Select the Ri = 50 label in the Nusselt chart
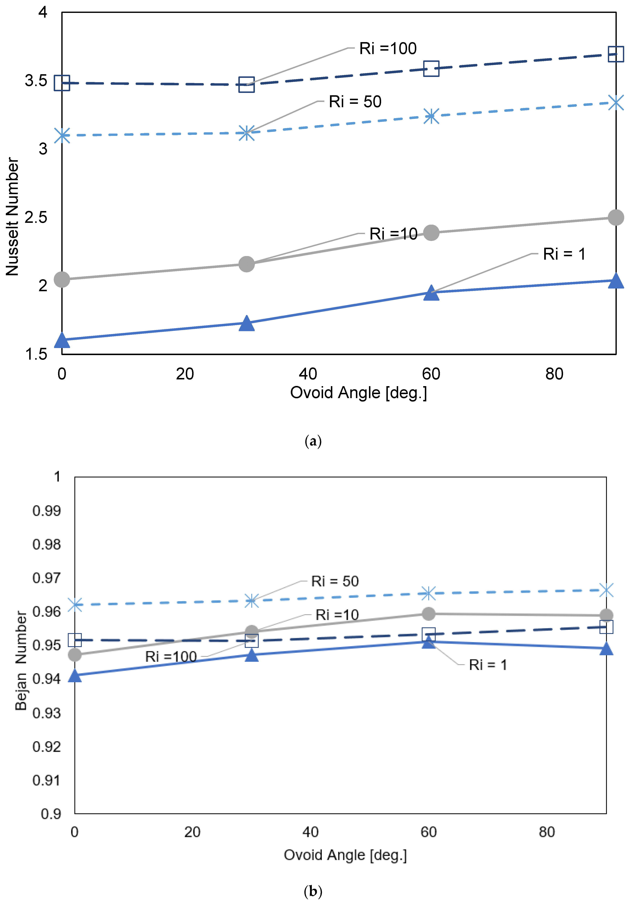point(355,102)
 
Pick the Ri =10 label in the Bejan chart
point(337,615)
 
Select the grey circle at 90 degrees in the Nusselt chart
point(615,217)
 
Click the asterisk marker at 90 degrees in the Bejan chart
point(606,590)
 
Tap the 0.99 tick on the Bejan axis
point(46,511)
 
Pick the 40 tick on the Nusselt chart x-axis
point(308,374)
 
